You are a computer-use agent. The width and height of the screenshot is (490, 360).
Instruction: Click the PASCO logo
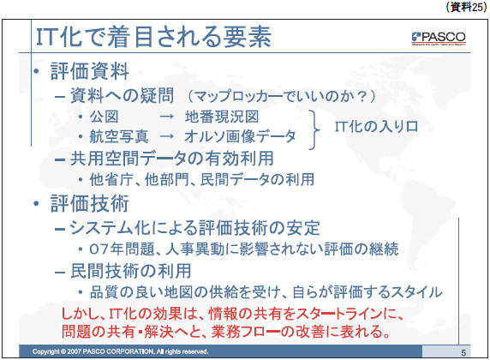[x=439, y=39]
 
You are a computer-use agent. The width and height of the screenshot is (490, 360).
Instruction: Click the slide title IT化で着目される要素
[x=153, y=37]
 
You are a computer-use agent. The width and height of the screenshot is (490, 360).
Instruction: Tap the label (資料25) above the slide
[x=466, y=7]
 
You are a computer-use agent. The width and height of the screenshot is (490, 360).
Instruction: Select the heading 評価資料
[x=90, y=71]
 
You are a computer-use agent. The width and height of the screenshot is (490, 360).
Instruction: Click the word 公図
[x=104, y=117]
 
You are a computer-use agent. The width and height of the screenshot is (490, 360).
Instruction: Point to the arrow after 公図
[x=166, y=117]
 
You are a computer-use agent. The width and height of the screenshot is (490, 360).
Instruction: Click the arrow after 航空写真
[x=166, y=136]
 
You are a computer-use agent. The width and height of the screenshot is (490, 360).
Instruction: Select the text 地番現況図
[x=222, y=117]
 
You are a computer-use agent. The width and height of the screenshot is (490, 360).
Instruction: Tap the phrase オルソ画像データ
[x=240, y=136]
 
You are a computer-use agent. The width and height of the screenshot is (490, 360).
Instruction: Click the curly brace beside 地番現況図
[x=314, y=129]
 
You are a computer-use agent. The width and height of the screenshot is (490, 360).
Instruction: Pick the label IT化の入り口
[x=377, y=127]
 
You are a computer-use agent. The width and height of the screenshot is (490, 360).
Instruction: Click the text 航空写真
[x=119, y=136]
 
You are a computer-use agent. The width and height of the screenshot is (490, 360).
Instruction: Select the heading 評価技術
[x=90, y=204]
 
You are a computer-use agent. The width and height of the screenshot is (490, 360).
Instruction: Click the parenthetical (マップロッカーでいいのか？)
[x=282, y=96]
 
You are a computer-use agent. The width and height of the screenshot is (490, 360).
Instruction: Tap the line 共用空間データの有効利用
[x=172, y=159]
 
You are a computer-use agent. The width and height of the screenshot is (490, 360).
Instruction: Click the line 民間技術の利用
[x=131, y=271]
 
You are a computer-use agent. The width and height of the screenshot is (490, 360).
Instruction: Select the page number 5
[x=463, y=353]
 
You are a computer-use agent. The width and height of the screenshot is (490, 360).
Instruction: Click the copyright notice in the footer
[x=120, y=351]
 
